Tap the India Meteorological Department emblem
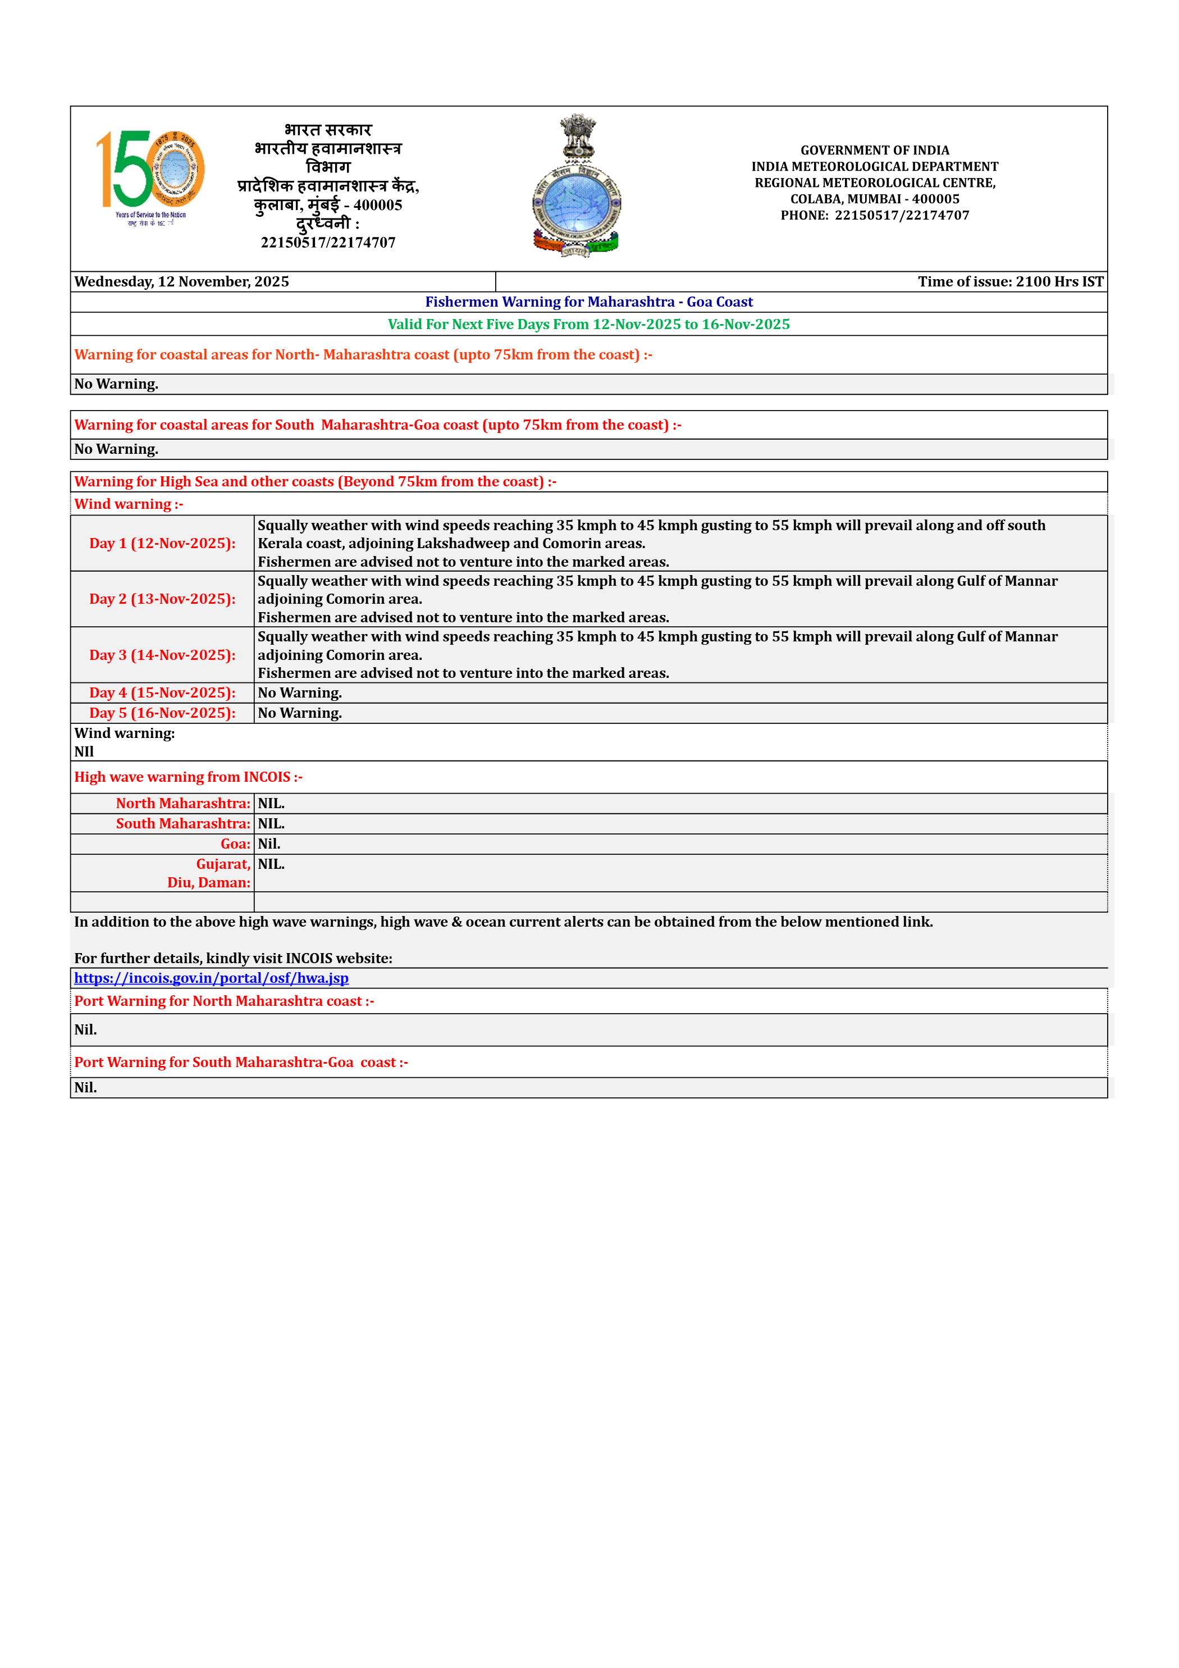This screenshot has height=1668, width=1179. pyautogui.click(x=576, y=185)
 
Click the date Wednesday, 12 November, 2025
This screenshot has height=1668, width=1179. pyautogui.click(x=181, y=282)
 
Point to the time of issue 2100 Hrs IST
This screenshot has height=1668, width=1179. pyautogui.click(x=1010, y=282)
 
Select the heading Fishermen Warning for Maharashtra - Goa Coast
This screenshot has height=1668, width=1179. pyautogui.click(x=588, y=302)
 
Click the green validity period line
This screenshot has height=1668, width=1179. pyautogui.click(x=588, y=325)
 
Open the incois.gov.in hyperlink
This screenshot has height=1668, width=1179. pyautogui.click(x=212, y=978)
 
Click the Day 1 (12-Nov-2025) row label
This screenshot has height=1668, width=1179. pyautogui.click(x=162, y=544)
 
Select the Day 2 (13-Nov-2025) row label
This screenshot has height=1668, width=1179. pyautogui.click(x=162, y=599)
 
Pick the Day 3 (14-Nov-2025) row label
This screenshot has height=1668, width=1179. pyautogui.click(x=162, y=655)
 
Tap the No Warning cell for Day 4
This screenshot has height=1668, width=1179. pyautogui.click(x=299, y=693)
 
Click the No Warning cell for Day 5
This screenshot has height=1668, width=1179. pyautogui.click(x=299, y=713)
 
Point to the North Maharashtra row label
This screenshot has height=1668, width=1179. pyautogui.click(x=183, y=804)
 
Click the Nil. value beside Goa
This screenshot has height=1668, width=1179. pyautogui.click(x=269, y=844)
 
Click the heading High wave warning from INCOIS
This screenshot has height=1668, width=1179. pyautogui.click(x=188, y=777)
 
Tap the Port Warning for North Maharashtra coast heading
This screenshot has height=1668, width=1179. pyautogui.click(x=224, y=1001)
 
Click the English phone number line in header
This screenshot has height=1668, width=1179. pyautogui.click(x=875, y=216)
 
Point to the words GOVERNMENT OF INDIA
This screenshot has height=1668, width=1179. pyautogui.click(x=875, y=151)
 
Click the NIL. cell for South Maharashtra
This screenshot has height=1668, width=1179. pyautogui.click(x=271, y=824)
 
